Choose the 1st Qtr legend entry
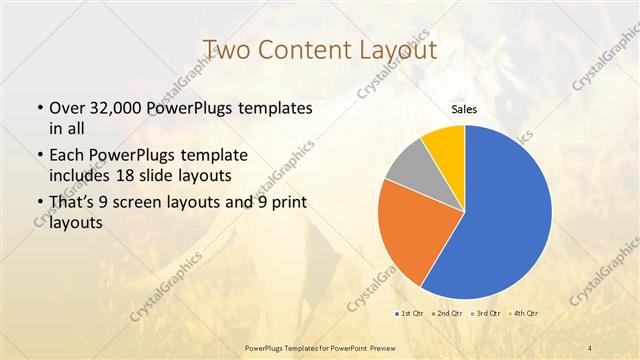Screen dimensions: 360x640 click(411, 314)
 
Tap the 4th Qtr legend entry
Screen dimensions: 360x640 click(525, 314)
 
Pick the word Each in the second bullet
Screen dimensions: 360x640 click(67, 157)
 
